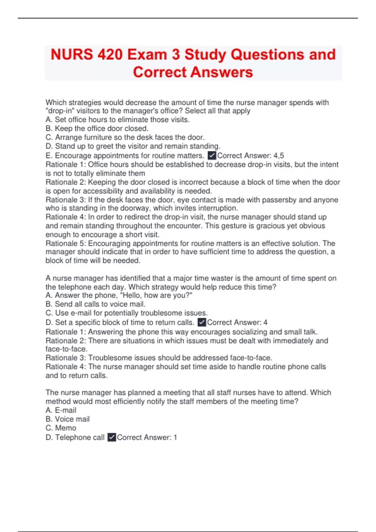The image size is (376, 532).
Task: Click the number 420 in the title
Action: [110, 54]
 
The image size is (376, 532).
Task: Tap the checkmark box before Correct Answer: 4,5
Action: [212, 156]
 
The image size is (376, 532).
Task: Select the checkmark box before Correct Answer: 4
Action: [202, 322]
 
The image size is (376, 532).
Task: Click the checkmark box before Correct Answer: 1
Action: [112, 437]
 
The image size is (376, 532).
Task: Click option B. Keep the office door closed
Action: [97, 128]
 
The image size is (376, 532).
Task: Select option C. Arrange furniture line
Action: [125, 137]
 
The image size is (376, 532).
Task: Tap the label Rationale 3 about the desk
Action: [65, 200]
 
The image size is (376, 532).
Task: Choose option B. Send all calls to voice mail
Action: [95, 304]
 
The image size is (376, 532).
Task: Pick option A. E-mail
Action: [61, 410]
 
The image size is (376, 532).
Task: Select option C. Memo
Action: [61, 428]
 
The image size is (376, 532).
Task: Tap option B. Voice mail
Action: [67, 419]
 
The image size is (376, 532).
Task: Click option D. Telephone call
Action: [75, 437]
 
